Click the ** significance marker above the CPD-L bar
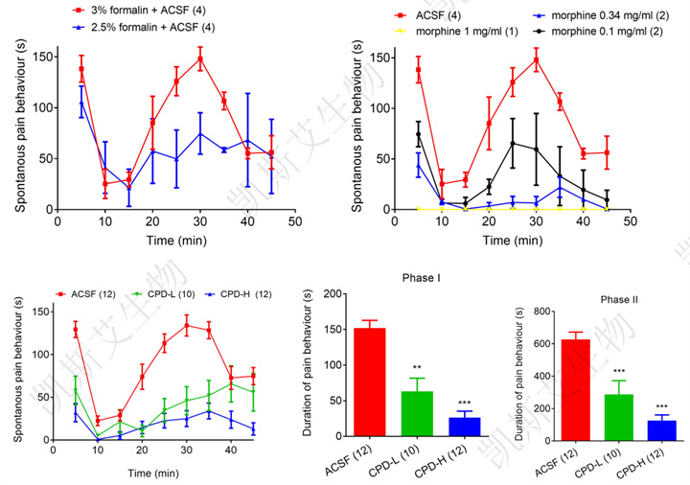(x=416, y=367)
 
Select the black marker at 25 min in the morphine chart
(x=513, y=143)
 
